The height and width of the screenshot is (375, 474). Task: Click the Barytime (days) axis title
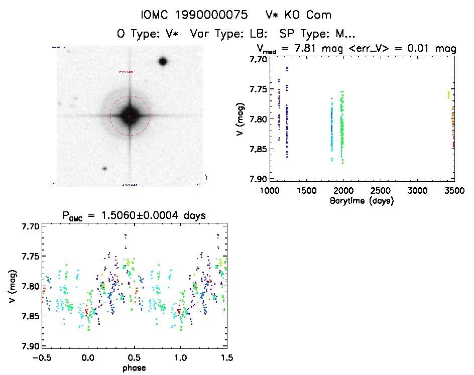click(x=362, y=201)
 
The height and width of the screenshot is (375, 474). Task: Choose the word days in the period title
click(x=193, y=215)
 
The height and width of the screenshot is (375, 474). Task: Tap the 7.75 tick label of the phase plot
click(x=27, y=257)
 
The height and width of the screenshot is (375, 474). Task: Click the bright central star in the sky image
click(x=130, y=115)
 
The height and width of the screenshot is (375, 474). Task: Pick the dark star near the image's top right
click(x=162, y=62)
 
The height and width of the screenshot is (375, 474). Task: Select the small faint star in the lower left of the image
click(x=104, y=169)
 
